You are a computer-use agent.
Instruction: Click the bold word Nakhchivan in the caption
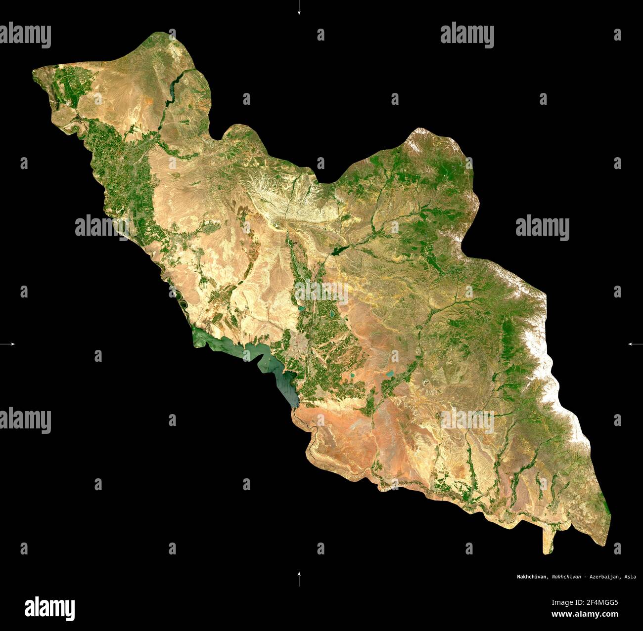pyautogui.click(x=532, y=577)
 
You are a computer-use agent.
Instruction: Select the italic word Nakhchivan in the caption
pyautogui.click(x=566, y=577)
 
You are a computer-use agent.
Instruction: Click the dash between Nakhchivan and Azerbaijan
pyautogui.click(x=585, y=577)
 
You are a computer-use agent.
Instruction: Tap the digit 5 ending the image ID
pyautogui.click(x=616, y=602)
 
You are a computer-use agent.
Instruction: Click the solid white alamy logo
pyautogui.click(x=49, y=608)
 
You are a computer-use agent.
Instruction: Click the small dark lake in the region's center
pyautogui.click(x=339, y=250)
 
